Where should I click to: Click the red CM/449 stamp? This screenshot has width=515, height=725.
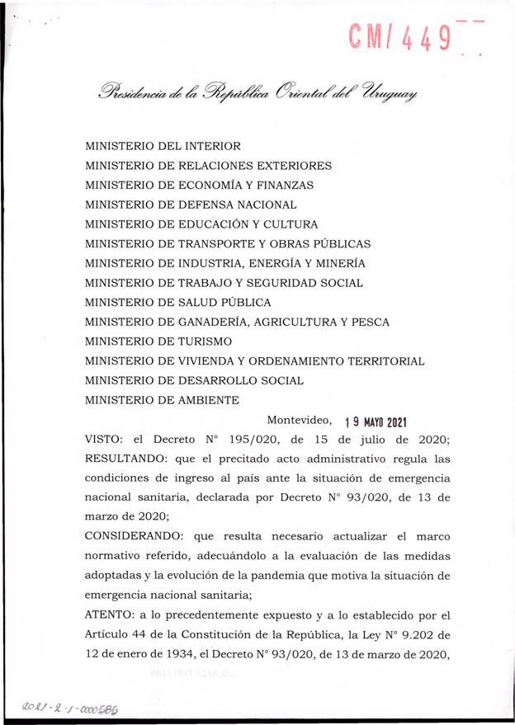click(x=400, y=35)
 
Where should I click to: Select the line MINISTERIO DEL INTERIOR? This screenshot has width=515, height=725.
click(x=163, y=146)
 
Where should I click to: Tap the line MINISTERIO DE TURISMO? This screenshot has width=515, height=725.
click(x=159, y=341)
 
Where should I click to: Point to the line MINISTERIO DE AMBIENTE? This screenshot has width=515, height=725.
click(x=163, y=401)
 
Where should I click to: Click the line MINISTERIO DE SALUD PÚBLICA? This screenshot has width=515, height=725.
click(x=178, y=303)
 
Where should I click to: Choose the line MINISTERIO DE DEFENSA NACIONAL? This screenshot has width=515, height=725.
click(x=191, y=205)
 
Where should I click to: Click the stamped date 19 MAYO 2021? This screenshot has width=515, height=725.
click(x=376, y=421)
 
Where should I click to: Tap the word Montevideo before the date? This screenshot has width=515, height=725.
click(x=300, y=420)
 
